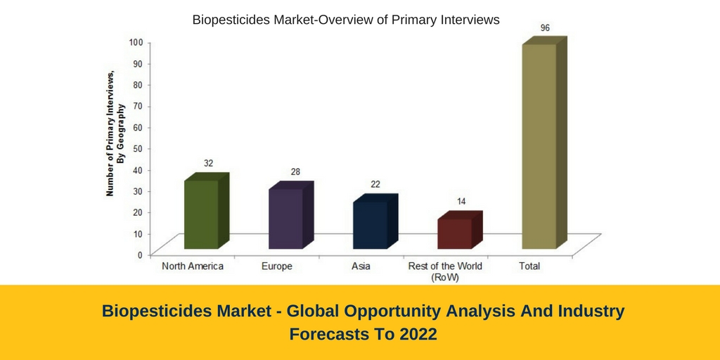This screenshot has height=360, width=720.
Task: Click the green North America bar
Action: click(206, 211)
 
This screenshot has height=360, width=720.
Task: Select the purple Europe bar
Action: click(290, 215)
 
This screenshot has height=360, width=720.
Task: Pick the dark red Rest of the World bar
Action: click(460, 230)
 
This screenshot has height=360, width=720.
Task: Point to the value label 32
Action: click(208, 163)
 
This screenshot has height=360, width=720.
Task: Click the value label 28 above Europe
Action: click(295, 172)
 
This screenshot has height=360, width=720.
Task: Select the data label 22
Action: click(375, 184)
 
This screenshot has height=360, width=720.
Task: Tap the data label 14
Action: click(461, 202)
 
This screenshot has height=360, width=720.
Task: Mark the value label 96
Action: click(545, 28)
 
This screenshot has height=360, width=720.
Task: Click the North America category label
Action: click(193, 266)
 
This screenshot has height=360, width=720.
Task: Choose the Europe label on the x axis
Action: click(277, 266)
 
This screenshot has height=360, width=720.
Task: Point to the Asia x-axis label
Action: click(361, 266)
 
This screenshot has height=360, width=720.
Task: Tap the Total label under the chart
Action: click(529, 266)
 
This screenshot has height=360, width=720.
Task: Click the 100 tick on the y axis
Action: click(138, 41)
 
